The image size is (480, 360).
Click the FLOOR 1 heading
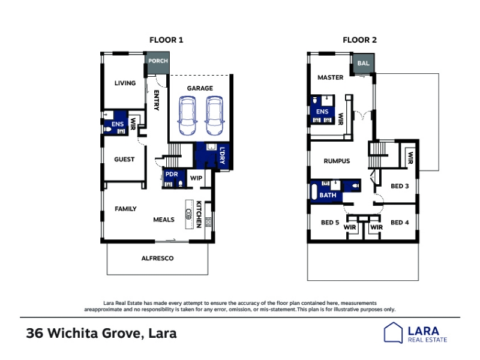click(166, 40)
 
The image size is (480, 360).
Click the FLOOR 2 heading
click(359, 40)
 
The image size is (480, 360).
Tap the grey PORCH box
click(158, 62)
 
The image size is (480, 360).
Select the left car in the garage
click(187, 116)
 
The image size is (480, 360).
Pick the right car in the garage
click(214, 116)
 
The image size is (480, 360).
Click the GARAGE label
click(200, 88)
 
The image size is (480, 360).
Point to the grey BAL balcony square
click(364, 64)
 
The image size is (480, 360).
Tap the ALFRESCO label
click(157, 259)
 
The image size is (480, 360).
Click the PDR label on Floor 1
click(172, 174)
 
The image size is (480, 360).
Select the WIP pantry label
click(196, 178)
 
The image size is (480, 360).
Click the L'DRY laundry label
click(222, 155)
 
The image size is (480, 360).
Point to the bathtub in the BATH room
click(314, 192)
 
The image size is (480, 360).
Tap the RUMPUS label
click(337, 161)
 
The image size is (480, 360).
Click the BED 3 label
click(400, 186)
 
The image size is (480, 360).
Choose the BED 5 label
click(330, 223)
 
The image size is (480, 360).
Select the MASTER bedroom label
click(331, 77)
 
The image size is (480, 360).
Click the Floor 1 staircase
click(175, 154)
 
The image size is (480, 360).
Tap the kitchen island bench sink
click(189, 214)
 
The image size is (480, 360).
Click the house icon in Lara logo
click(393, 332)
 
